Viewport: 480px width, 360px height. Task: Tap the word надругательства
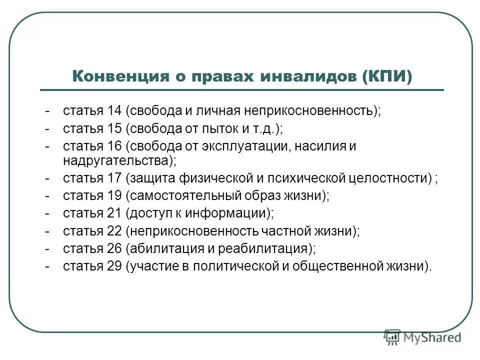tap(116, 160)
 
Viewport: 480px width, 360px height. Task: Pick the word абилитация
tap(162, 248)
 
